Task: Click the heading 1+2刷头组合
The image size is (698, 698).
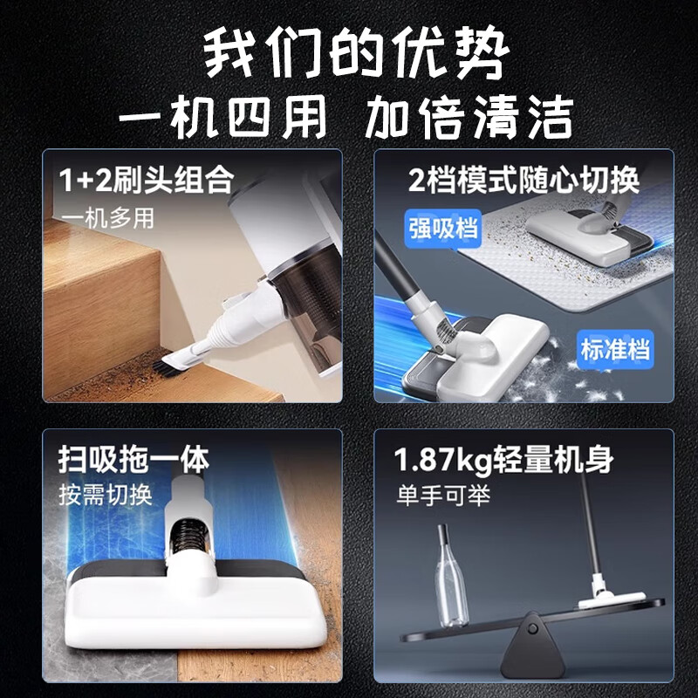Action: pyautogui.click(x=147, y=181)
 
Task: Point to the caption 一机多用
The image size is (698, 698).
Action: pyautogui.click(x=108, y=217)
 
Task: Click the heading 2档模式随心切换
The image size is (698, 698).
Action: pyautogui.click(x=524, y=181)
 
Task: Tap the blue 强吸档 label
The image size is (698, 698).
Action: pyautogui.click(x=443, y=228)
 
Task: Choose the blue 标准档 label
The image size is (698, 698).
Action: pyautogui.click(x=616, y=351)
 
